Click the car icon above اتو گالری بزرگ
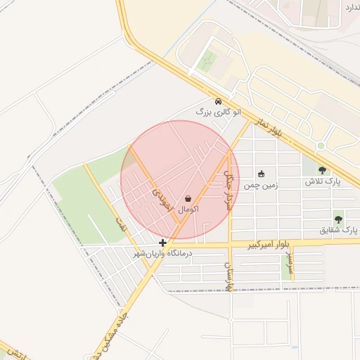click(x=219, y=101)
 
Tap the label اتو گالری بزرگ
click(x=219, y=112)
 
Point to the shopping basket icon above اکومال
click(x=188, y=199)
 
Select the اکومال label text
click(x=188, y=210)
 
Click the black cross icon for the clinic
click(x=163, y=243)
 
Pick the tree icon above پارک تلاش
click(x=322, y=170)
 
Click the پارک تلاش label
click(x=322, y=181)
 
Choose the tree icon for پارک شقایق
click(x=339, y=219)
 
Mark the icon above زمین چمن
click(x=261, y=174)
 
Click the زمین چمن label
click(x=261, y=186)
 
